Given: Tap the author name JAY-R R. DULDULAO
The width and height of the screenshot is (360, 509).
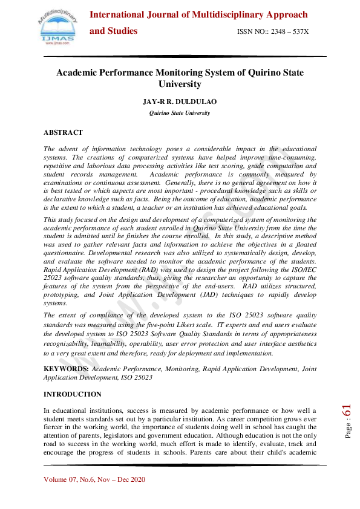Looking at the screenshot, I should pyautogui.click(x=180, y=102).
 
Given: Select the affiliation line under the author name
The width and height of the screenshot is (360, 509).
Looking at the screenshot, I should pyautogui.click(x=180, y=112).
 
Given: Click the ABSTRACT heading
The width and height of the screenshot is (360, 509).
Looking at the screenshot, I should pyautogui.click(x=63, y=132).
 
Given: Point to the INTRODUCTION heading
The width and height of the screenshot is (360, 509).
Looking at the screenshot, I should pyautogui.click(x=73, y=394).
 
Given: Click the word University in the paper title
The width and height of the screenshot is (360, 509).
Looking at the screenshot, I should pyautogui.click(x=180, y=85).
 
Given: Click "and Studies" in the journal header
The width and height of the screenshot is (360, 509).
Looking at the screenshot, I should pyautogui.click(x=114, y=31).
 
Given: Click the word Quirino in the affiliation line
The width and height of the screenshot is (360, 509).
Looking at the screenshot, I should pyautogui.click(x=160, y=112).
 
